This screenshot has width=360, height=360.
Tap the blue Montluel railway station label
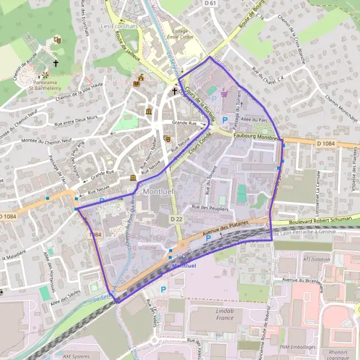184,265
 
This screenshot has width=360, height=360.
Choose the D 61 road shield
210,4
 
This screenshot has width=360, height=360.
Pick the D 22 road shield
176,220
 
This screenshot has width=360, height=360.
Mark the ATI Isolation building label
317,259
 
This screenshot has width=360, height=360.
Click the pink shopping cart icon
224,93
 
